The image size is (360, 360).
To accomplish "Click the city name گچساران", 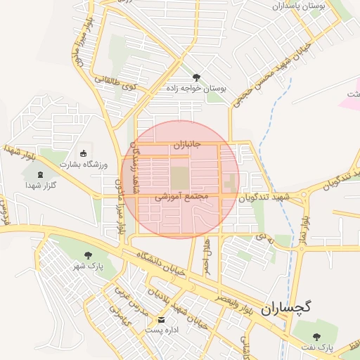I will (x=286, y=308).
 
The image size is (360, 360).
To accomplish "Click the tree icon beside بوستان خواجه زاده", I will (x=196, y=77).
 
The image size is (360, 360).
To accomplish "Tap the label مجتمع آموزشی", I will (x=183, y=199).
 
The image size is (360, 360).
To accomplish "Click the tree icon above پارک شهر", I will (x=88, y=255).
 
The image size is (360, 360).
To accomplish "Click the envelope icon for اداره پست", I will (x=161, y=319).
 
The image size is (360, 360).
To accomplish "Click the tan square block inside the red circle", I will (x=180, y=176).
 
